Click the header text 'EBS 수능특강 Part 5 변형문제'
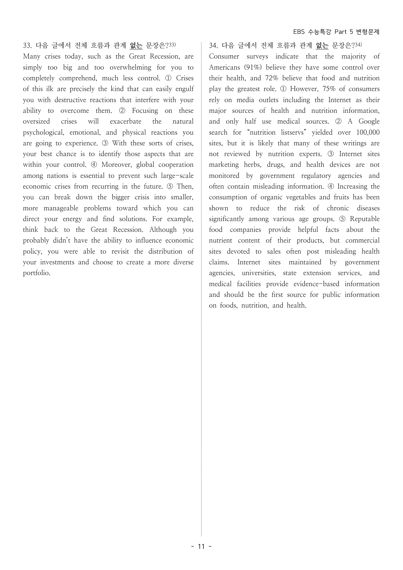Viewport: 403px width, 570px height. tap(336, 32)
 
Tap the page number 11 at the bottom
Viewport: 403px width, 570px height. tap(201, 546)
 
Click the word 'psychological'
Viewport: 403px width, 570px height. tap(43, 132)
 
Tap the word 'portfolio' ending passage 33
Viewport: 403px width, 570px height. tap(36, 273)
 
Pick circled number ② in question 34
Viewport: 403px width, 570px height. tap(338, 121)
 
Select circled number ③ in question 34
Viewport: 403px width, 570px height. tap(331, 154)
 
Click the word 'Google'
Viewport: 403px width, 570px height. tap(369, 121)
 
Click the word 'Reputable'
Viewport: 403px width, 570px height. tap(364, 219)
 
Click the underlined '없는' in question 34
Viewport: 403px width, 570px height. tap(322, 46)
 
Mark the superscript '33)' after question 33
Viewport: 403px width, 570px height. tap(172, 44)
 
